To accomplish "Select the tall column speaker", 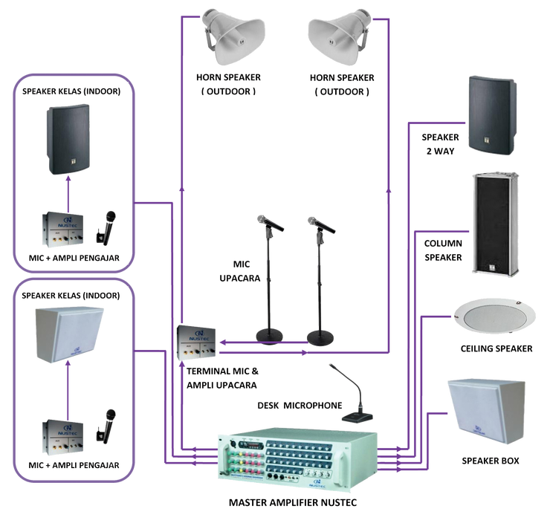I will [x=493, y=223].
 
